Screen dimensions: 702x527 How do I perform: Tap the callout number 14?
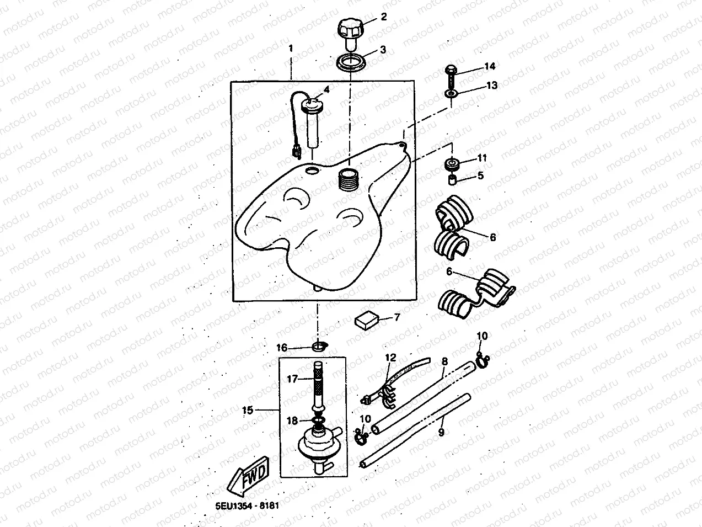pos(490,66)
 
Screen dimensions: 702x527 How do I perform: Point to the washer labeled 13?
pos(451,93)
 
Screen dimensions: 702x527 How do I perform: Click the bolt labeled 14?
pos(451,77)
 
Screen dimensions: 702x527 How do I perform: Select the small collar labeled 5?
pos(452,180)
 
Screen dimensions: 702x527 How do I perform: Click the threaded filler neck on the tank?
pos(349,180)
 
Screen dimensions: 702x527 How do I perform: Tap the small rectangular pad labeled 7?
pos(367,320)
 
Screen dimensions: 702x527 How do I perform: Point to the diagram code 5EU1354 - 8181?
pos(247,505)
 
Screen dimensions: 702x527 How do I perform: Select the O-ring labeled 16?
pos(319,346)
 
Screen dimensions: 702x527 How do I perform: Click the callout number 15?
pos(248,410)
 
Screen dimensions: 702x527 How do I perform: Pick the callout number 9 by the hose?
pos(441,432)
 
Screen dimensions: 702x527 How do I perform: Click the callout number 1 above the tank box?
pos(291,49)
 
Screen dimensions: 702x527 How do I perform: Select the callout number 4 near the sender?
pos(326,89)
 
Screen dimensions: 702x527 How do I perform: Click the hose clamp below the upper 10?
pos(482,360)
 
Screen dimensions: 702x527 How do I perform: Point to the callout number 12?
pos(390,358)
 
